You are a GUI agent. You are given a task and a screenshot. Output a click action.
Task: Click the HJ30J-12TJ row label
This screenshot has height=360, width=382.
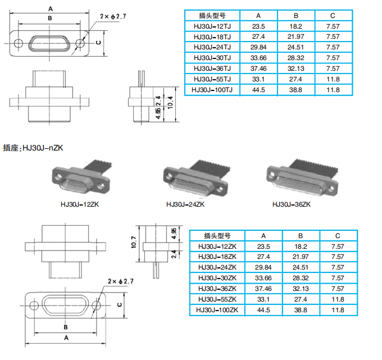coord(211,26)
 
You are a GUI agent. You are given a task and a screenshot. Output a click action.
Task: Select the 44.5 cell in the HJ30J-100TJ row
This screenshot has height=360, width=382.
coord(258,89)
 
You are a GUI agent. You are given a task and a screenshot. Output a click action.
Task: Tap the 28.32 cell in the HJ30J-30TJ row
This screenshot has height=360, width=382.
coord(296,58)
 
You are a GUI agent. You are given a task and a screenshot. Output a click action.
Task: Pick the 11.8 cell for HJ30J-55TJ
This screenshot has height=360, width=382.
coord(333,79)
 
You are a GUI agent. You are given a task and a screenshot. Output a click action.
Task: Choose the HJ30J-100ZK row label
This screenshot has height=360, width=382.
coord(217,310)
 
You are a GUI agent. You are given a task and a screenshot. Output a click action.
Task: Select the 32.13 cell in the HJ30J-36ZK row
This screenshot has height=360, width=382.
coord(301,289)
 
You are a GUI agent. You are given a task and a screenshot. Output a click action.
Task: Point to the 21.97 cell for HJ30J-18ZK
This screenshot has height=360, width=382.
coord(301,257)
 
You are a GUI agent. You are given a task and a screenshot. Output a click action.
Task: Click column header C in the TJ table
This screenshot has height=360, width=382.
coord(333,15)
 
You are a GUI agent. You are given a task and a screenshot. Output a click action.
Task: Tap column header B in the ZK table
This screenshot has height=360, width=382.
coord(301,236)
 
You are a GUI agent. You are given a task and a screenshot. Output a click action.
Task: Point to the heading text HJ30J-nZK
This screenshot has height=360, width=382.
coord(43,148)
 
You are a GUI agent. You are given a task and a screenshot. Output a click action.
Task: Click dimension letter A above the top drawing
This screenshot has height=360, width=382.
coord(50,8)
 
